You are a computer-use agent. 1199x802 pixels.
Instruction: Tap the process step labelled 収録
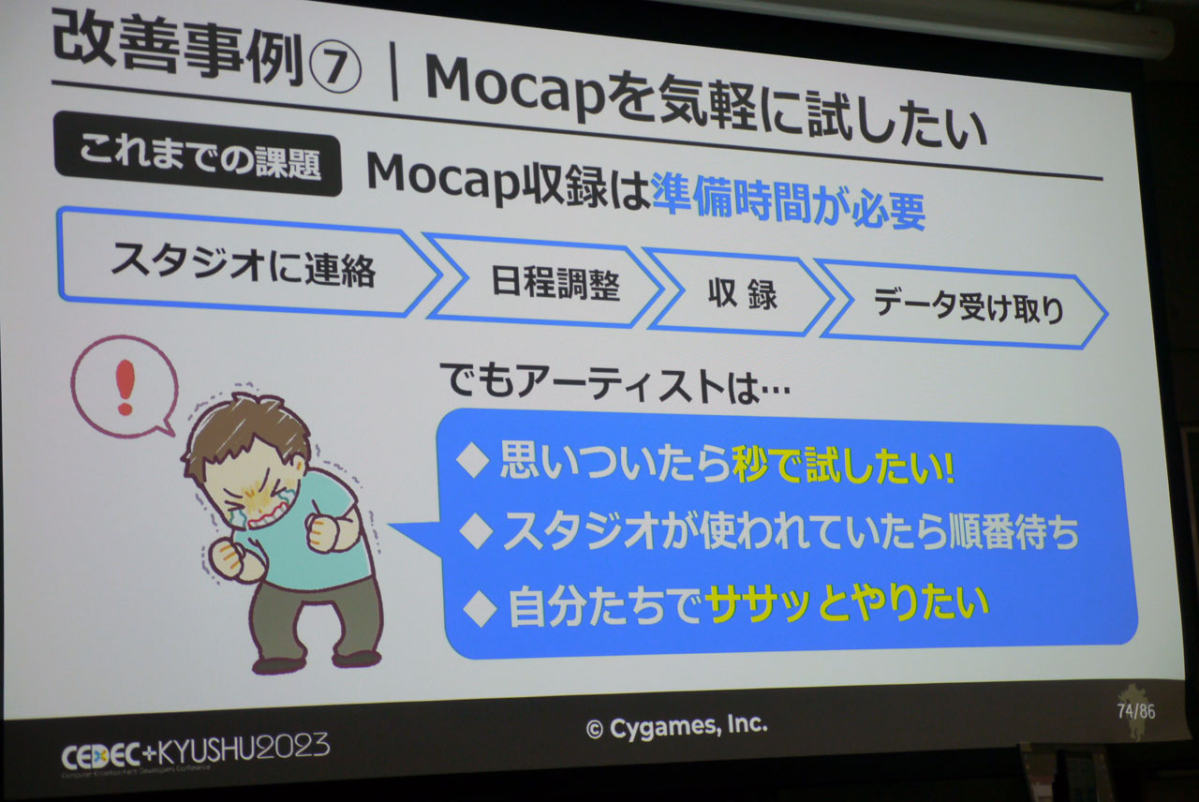[741, 294]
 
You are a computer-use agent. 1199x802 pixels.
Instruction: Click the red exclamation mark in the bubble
[126, 387]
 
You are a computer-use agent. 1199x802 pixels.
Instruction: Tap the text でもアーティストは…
[614, 384]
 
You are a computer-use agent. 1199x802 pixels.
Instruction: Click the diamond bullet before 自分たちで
[481, 608]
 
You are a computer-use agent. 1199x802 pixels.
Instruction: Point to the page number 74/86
[1136, 711]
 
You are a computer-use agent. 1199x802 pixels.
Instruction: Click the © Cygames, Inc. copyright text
[677, 726]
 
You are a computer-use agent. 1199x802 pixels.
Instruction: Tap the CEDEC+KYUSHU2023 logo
[196, 750]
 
